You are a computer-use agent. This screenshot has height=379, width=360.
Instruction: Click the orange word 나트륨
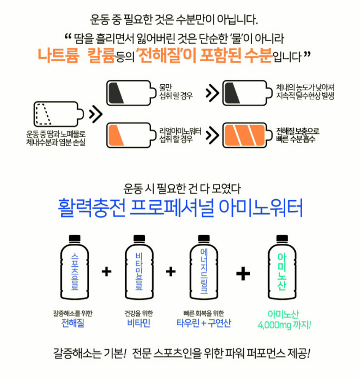point(58,55)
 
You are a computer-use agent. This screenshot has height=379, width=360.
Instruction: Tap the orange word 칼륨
point(101,55)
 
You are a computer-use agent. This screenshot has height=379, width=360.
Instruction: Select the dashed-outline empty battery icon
point(59,114)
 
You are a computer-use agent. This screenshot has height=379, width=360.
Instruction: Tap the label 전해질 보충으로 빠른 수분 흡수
point(298,135)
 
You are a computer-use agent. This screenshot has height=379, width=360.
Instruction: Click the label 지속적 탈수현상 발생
point(305,96)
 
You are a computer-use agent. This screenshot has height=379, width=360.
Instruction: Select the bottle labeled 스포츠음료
point(75,267)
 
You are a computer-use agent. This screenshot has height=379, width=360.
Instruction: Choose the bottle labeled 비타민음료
point(139,267)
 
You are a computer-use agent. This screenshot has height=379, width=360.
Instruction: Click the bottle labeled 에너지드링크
point(204,267)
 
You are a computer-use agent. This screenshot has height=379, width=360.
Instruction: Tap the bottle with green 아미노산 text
point(282,267)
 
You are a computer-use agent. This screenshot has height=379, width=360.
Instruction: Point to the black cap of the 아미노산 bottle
point(282,238)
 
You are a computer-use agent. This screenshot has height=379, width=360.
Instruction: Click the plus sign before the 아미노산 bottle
point(243,274)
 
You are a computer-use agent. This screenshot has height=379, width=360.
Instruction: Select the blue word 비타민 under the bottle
point(139,323)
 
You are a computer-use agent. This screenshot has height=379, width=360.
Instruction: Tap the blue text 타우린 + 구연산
point(204,323)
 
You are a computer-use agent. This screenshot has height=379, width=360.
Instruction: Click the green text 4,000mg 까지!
point(284,325)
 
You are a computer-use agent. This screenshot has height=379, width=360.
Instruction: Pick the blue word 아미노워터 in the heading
point(261,208)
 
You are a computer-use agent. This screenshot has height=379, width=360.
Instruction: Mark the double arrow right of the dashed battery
point(96,114)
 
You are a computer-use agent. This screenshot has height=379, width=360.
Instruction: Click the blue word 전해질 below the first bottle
point(72,323)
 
